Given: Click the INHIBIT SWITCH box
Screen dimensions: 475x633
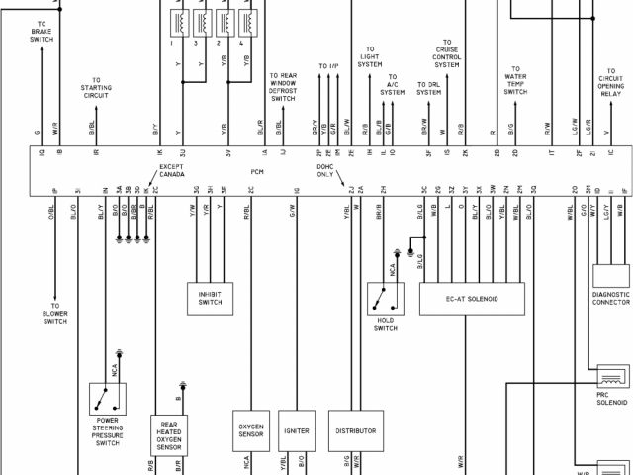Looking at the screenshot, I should tap(210, 297).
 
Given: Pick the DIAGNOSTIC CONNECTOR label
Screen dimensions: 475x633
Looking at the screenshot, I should tap(611, 298).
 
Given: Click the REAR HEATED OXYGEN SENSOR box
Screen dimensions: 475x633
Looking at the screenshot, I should tap(168, 434).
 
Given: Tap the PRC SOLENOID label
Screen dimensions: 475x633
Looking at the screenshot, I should tap(611, 399).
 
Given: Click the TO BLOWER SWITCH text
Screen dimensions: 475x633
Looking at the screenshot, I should tap(55, 313).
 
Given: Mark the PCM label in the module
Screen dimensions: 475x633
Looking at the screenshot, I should tap(256, 170).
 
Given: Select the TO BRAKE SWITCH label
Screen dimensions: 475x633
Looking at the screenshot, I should tap(42, 33).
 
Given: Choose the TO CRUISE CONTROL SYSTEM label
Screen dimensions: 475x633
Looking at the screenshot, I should tap(449, 55).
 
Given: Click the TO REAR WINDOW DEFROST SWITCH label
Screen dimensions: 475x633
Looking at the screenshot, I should tap(283, 86).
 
